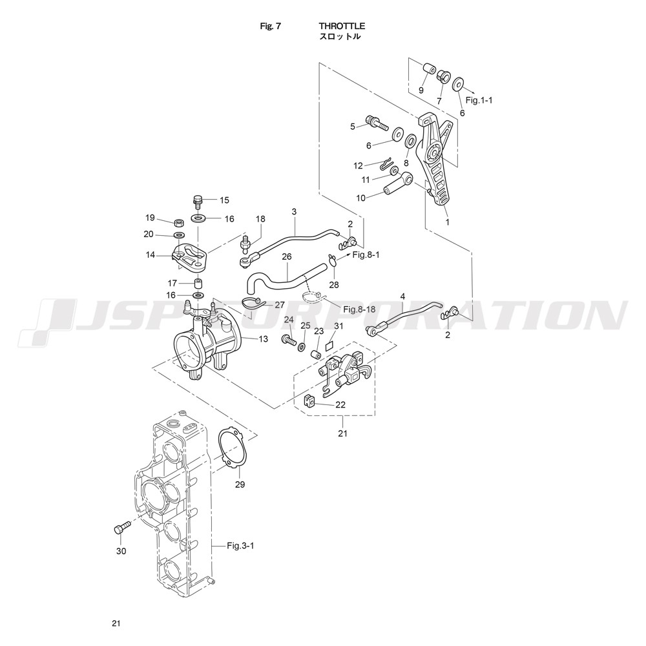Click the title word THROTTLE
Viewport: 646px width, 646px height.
point(342,26)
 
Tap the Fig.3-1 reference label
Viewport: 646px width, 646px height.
point(240,546)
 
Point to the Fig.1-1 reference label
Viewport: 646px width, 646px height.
point(479,99)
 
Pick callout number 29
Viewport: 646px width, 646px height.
point(240,484)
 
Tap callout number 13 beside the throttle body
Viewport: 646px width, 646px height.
point(263,339)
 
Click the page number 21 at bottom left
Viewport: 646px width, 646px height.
point(116,623)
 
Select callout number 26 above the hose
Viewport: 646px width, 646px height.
point(287,257)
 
